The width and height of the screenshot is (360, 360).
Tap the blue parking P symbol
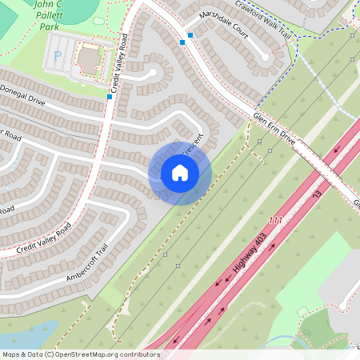[58, 57]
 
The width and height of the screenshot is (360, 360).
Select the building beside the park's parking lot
[88, 57]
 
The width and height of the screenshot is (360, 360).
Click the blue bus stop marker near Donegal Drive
[110, 97]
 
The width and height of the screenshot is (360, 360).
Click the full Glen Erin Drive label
[274, 128]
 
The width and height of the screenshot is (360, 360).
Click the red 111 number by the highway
[277, 221]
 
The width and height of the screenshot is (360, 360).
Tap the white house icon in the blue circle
[180, 173]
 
